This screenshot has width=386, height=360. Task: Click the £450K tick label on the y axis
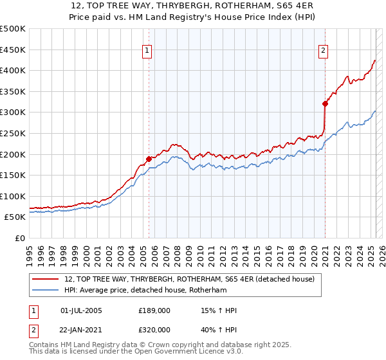coord(14,50)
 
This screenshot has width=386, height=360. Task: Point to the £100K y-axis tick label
coord(14,196)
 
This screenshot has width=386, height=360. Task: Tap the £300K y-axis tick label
coord(14,113)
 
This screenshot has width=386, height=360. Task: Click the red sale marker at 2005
coord(149,158)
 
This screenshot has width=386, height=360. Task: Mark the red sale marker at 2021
coord(326,103)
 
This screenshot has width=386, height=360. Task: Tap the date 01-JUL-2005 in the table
coord(81,310)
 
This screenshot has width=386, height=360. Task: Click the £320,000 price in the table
coord(154,329)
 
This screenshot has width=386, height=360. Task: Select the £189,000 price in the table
coord(154,310)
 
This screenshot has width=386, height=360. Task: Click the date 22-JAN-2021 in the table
coord(81,329)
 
